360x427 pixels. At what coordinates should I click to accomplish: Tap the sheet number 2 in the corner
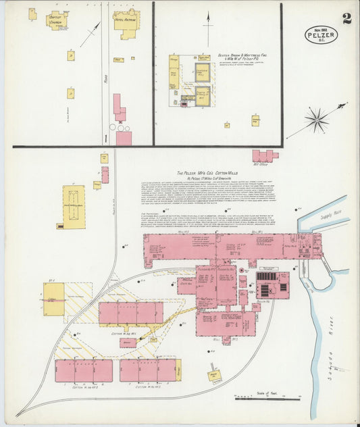[x=346, y=18]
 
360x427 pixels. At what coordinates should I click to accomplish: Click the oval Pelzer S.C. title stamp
[x=321, y=33]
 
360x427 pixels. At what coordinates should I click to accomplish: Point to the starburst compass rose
[x=315, y=120]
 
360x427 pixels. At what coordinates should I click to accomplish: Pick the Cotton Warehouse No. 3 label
[x=148, y=387]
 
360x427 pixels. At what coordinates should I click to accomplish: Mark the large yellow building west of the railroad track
[x=74, y=205]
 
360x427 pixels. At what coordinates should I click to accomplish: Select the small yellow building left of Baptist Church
[x=32, y=14]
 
